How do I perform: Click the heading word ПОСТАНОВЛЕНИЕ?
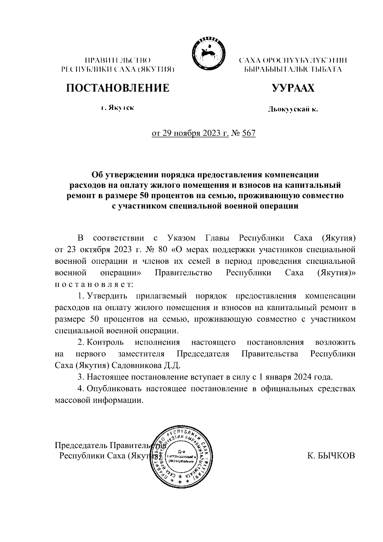(117, 88)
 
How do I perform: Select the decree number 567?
(249, 133)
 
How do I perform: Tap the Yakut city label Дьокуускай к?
(293, 110)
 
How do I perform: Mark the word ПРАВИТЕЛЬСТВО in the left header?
(117, 60)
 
